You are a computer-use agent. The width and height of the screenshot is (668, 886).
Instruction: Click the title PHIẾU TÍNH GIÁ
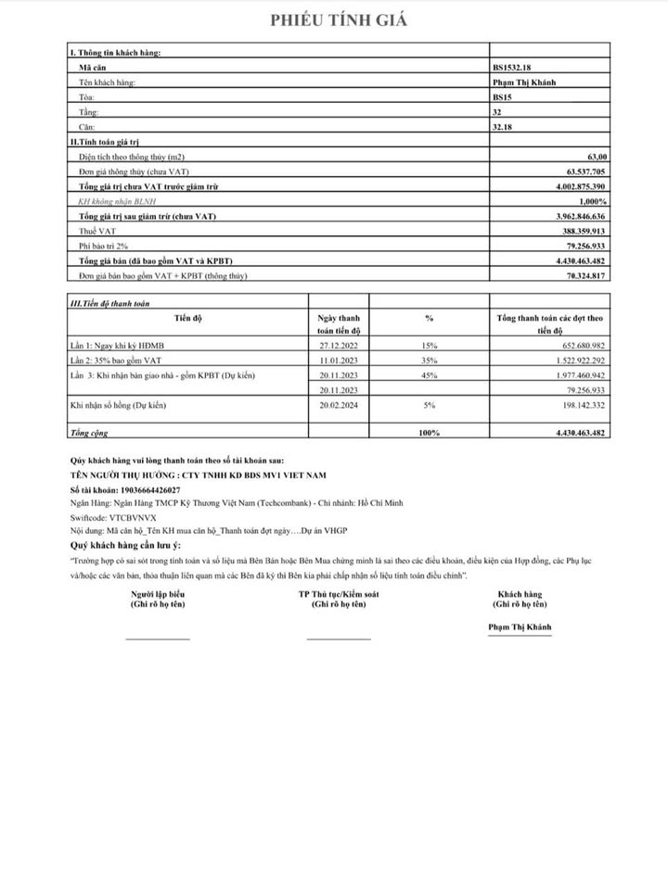pyautogui.click(x=338, y=20)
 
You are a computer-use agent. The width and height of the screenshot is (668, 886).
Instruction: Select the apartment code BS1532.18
pyautogui.click(x=513, y=68)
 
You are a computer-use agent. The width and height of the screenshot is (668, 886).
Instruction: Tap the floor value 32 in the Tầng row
pyautogui.click(x=498, y=110)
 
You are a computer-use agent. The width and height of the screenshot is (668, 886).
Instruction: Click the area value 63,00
pyautogui.click(x=595, y=158)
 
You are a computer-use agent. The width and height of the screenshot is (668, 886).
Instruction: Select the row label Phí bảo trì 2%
pyautogui.click(x=102, y=246)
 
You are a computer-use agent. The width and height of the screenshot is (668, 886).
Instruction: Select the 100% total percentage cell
pyautogui.click(x=429, y=433)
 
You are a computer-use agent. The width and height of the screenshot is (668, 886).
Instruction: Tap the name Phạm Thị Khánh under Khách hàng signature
pyautogui.click(x=520, y=627)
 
